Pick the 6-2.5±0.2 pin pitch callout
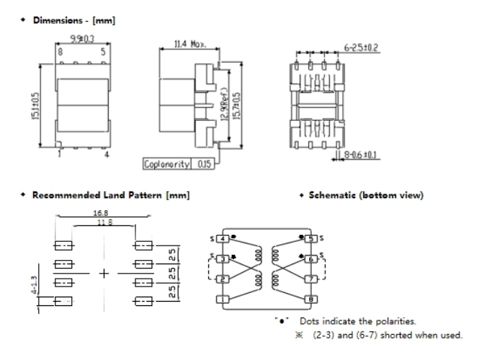(x=361, y=48)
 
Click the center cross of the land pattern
(x=103, y=274)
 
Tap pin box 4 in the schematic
(x=223, y=238)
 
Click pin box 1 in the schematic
(x=223, y=299)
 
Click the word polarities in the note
(x=396, y=320)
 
